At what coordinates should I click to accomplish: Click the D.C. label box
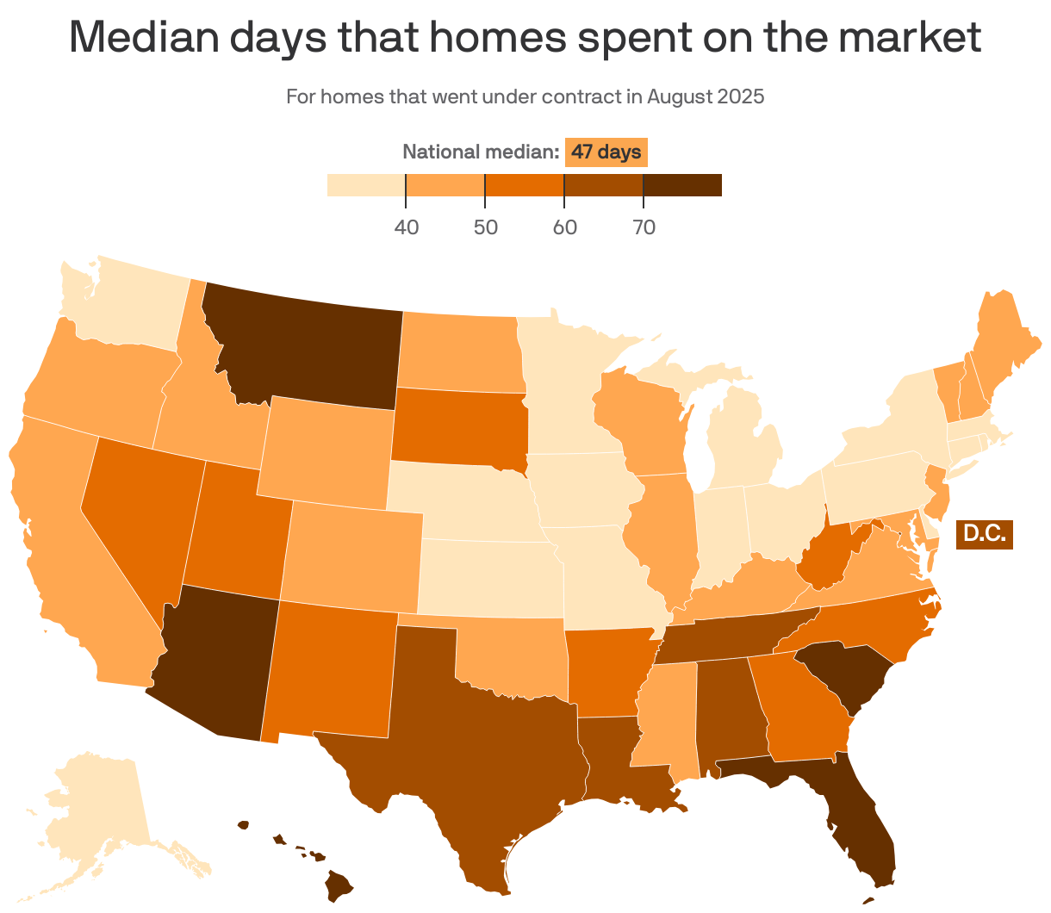984,534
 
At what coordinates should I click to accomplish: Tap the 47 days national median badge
606,152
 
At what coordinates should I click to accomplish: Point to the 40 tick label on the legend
407,227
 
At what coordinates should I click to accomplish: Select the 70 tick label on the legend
644,227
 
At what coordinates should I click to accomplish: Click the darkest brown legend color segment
682,185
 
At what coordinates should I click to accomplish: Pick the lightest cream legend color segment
366,185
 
